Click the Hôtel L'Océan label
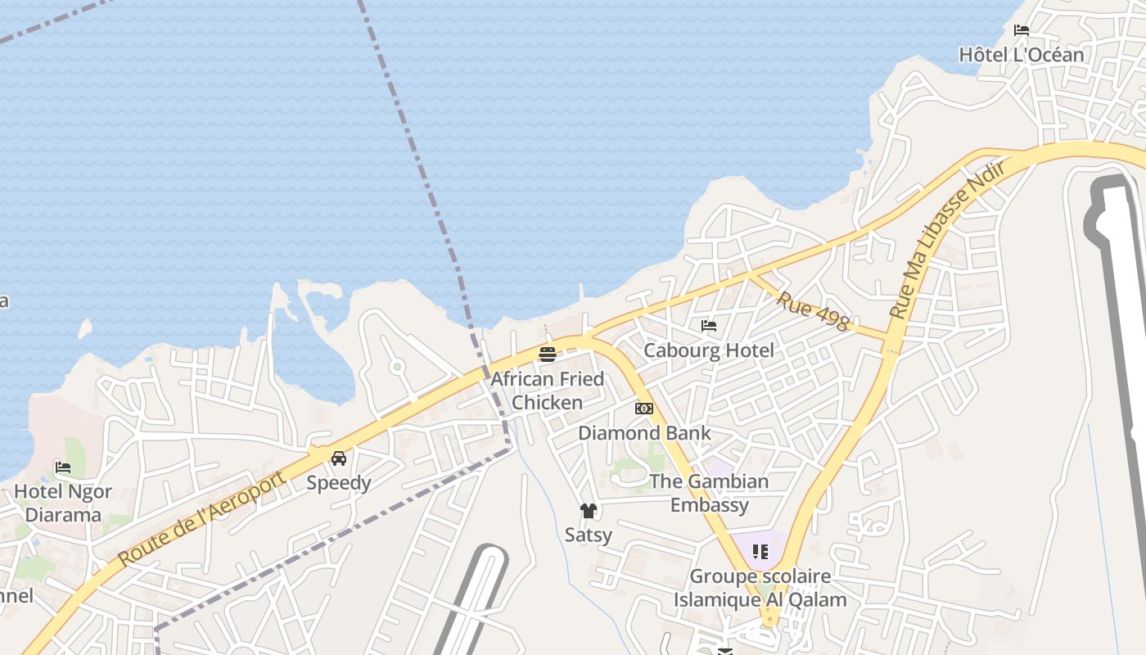[1021, 55]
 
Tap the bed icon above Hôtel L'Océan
[1022, 30]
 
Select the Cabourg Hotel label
[708, 350]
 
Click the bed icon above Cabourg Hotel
[709, 326]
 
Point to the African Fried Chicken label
[547, 391]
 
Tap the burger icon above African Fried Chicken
[548, 354]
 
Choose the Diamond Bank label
[644, 432]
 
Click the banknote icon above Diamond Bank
[644, 408]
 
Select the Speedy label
[339, 482]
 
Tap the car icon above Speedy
[339, 458]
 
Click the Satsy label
[589, 535]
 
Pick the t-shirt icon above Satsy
[589, 511]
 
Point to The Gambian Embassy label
[709, 493]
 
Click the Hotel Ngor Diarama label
[63, 504]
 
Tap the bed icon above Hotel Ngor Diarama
[63, 468]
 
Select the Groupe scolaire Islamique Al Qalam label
[760, 588]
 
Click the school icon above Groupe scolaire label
[760, 552]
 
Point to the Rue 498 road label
[812, 311]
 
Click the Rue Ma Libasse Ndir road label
[946, 239]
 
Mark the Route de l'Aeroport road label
[201, 519]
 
